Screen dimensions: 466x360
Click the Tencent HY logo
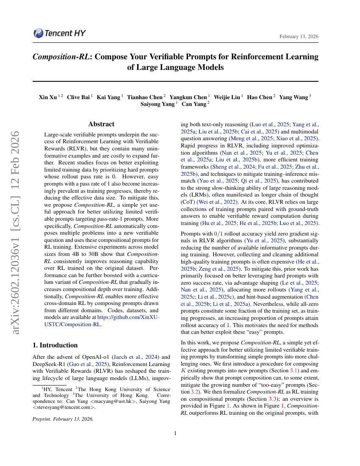(x=54, y=33)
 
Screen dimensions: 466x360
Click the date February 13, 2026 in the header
(x=299, y=37)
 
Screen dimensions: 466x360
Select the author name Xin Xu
(x=47, y=97)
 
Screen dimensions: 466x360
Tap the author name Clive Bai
(x=78, y=97)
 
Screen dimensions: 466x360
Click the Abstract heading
(x=101, y=124)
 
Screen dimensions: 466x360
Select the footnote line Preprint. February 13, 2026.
(x=63, y=419)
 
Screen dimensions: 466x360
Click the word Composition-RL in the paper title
(x=61, y=57)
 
